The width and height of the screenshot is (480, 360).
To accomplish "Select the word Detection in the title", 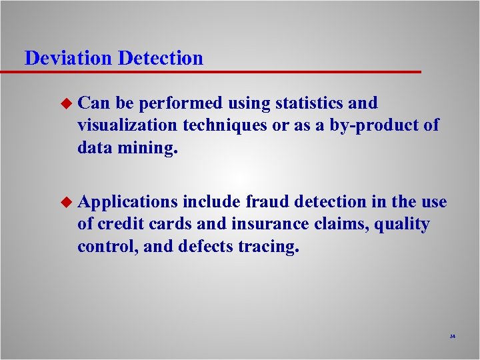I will click(x=161, y=58).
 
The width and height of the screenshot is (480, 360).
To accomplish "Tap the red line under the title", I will click(x=220, y=71).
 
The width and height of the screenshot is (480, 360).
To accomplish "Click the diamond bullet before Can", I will click(x=65, y=103).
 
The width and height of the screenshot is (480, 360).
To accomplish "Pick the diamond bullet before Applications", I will click(x=65, y=202).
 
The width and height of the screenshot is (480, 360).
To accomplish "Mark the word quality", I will click(x=402, y=225).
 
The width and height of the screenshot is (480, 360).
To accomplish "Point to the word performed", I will click(x=179, y=103).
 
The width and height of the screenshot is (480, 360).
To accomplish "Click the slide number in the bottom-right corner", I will click(x=452, y=337).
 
